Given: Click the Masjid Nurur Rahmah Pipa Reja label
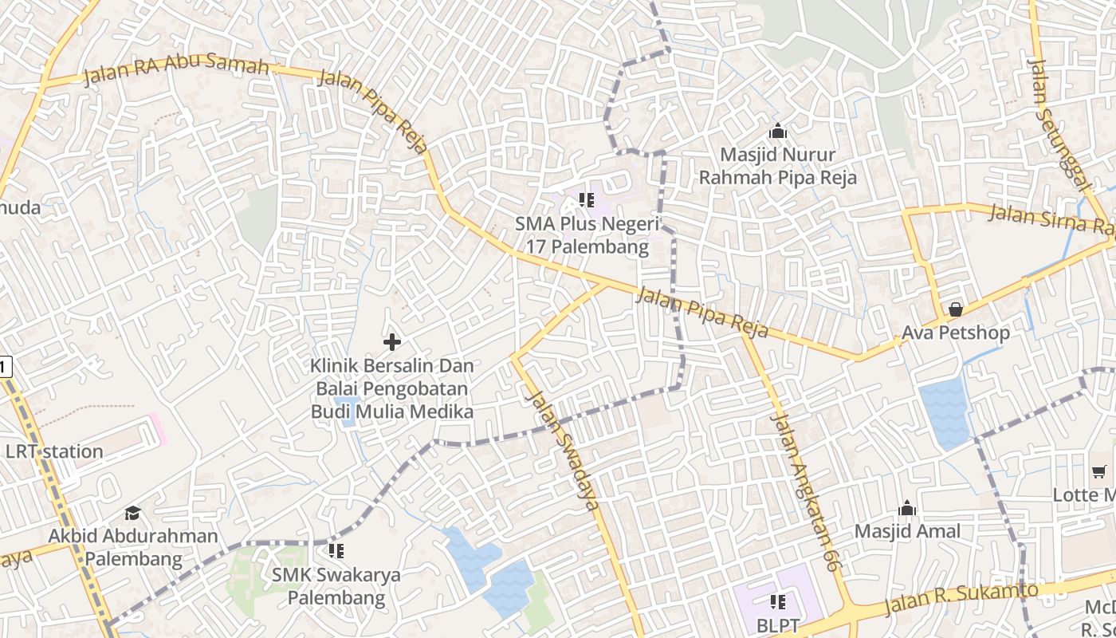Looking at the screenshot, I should [778, 166].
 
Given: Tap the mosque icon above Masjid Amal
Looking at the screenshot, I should [907, 509].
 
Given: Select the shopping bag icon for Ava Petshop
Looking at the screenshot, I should [955, 309].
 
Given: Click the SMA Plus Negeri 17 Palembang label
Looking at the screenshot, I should [587, 235].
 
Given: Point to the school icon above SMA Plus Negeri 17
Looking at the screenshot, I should [587, 199].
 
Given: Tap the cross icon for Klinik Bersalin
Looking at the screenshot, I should [391, 342].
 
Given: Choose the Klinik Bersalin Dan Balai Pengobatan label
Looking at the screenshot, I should [392, 389].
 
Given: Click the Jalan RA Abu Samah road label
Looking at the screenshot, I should [175, 69].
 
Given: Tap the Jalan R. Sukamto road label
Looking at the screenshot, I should [960, 600].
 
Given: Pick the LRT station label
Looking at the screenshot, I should [54, 451].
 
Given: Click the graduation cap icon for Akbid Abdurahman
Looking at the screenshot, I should [132, 513].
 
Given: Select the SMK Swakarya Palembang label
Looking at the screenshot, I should [336, 586].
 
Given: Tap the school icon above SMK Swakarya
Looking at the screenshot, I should [336, 550].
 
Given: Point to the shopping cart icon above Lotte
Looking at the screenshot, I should [1099, 472].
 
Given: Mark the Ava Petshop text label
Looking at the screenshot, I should [956, 333].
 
